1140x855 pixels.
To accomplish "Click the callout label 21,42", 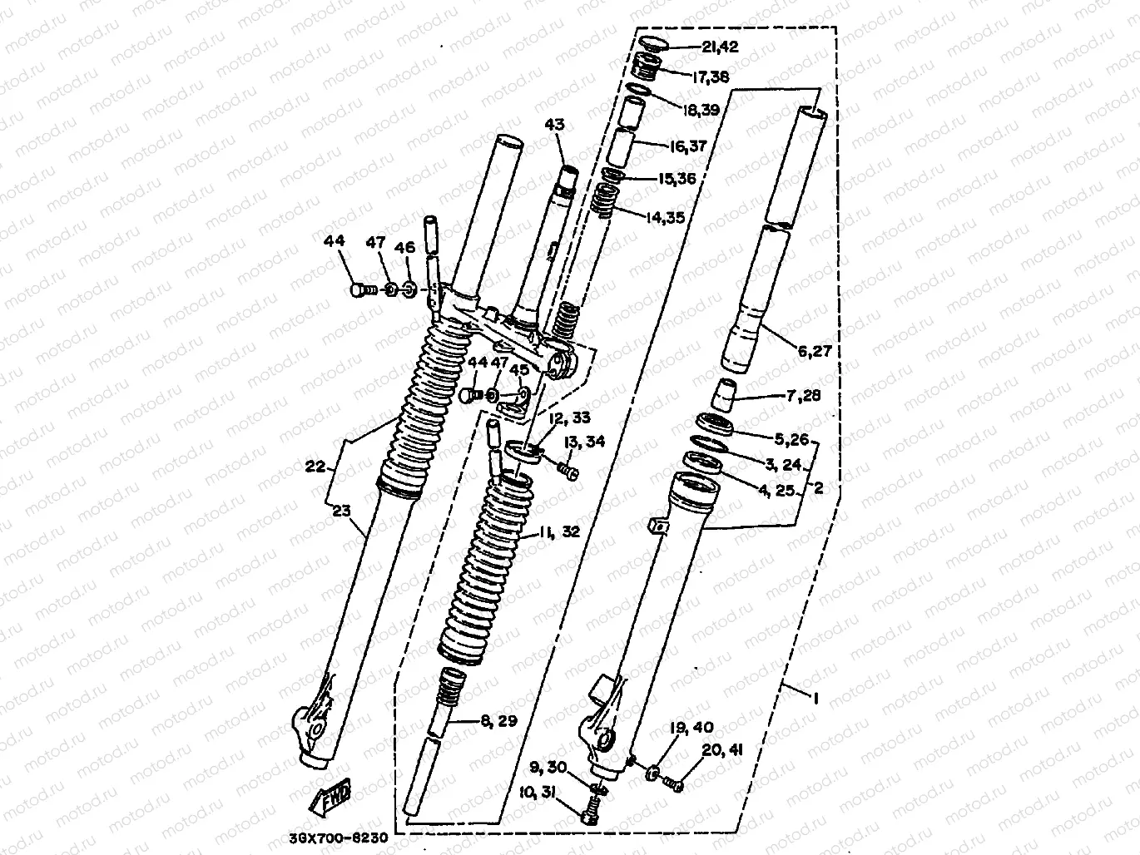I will (x=715, y=47).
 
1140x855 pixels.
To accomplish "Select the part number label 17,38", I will (x=711, y=77).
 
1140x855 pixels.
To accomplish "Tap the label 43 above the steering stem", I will (x=555, y=125).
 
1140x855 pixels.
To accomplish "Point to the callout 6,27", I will (x=814, y=353).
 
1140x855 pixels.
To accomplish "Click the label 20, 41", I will (x=721, y=749).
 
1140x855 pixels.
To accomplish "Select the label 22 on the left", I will (x=315, y=467).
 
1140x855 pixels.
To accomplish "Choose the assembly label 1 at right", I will (x=815, y=700).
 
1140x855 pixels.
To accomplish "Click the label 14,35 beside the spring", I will (x=665, y=218).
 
